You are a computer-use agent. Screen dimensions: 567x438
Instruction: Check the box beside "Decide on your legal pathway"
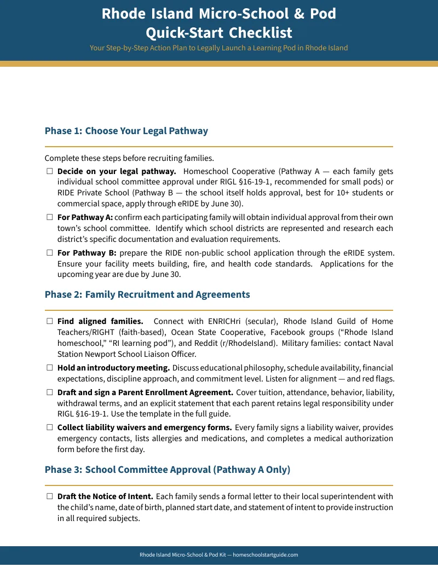pos(49,171)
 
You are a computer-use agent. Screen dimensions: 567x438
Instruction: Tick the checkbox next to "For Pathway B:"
pos(49,253)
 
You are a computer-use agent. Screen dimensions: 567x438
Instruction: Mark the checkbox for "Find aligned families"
pos(49,321)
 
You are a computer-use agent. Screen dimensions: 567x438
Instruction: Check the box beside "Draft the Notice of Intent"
pos(49,496)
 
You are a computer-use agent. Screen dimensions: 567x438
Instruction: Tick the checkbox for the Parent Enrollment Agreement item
pos(49,392)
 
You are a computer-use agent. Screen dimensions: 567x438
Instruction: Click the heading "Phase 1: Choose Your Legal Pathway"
pos(126,131)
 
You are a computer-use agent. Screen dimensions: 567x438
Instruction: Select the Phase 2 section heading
pos(147,294)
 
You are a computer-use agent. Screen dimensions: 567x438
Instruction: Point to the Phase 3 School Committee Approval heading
pos(167,470)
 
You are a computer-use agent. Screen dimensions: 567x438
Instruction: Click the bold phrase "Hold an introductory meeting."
pos(113,368)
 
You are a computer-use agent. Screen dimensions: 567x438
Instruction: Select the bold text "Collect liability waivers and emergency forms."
pos(145,427)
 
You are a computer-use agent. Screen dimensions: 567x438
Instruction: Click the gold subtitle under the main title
pos(219,48)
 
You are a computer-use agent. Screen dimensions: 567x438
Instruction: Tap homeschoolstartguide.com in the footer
pos(266,554)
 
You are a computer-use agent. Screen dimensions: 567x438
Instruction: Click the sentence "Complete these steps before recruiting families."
pos(129,159)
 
